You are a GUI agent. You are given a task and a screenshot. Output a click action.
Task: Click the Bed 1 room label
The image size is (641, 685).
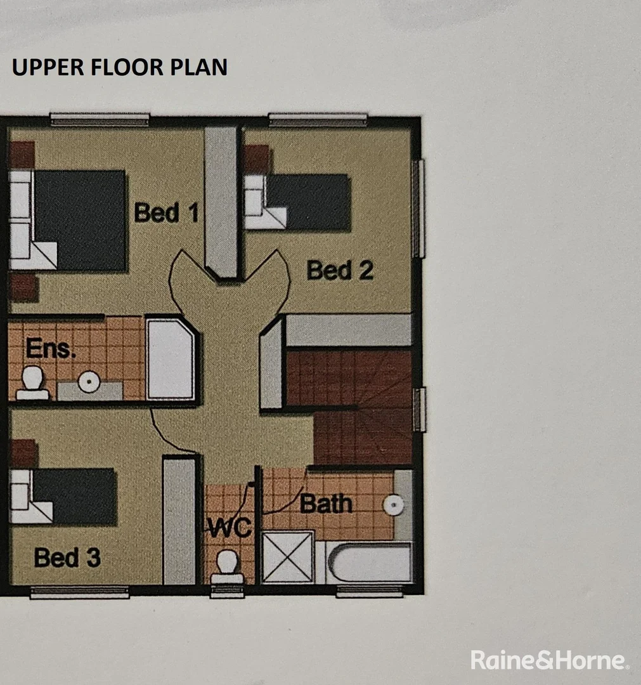pos(166,212)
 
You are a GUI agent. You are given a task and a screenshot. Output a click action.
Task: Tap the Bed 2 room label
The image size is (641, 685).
pos(340,270)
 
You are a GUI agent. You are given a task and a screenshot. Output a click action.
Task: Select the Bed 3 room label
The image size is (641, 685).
pos(67,558)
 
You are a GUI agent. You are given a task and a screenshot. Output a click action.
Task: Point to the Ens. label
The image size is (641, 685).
pos(51,348)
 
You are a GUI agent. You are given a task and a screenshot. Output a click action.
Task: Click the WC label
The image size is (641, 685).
pos(230,528)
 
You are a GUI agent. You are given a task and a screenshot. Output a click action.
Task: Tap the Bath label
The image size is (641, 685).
pos(326,504)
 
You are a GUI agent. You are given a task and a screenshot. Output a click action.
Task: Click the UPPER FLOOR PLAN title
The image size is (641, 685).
pos(119,67)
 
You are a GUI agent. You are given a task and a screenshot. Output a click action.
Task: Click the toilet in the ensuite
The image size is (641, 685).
pos(32,382)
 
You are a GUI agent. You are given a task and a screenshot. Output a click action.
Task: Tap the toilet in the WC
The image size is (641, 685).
pos(227,566)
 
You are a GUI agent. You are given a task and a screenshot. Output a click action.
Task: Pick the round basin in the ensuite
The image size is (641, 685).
pos(89,381)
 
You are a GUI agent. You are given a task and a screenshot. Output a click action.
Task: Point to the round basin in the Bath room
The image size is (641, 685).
pos(394,505)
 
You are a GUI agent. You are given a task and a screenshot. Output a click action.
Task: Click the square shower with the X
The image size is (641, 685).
pos(288,556)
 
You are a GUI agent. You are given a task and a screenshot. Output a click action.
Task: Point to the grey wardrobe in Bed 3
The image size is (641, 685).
pos(179,520)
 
